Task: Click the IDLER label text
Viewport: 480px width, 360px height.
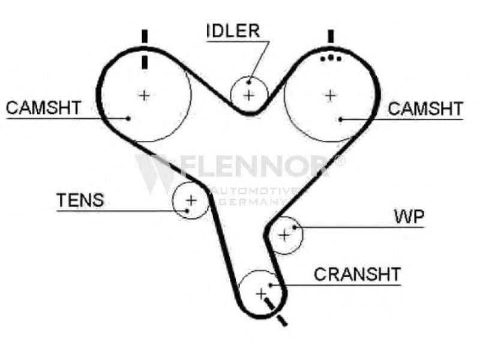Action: (234, 30)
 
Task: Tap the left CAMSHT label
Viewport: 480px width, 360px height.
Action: (43, 108)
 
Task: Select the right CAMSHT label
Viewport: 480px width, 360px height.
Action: (425, 109)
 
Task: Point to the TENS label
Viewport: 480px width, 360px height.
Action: (80, 200)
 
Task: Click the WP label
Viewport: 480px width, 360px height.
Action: (409, 217)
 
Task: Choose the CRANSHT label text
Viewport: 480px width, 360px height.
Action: (357, 275)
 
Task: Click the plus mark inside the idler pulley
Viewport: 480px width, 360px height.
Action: (249, 94)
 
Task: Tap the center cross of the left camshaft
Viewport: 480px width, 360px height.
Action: (144, 94)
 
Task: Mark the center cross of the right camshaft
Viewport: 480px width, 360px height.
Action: (329, 94)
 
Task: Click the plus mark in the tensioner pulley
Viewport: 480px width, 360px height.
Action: (191, 200)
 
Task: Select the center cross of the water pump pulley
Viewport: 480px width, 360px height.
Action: (284, 235)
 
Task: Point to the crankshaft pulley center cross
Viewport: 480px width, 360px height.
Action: (260, 293)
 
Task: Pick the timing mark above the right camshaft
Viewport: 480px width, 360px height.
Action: (330, 36)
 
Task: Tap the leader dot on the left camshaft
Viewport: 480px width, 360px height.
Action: (129, 118)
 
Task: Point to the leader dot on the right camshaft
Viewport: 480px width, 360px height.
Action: (340, 119)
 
